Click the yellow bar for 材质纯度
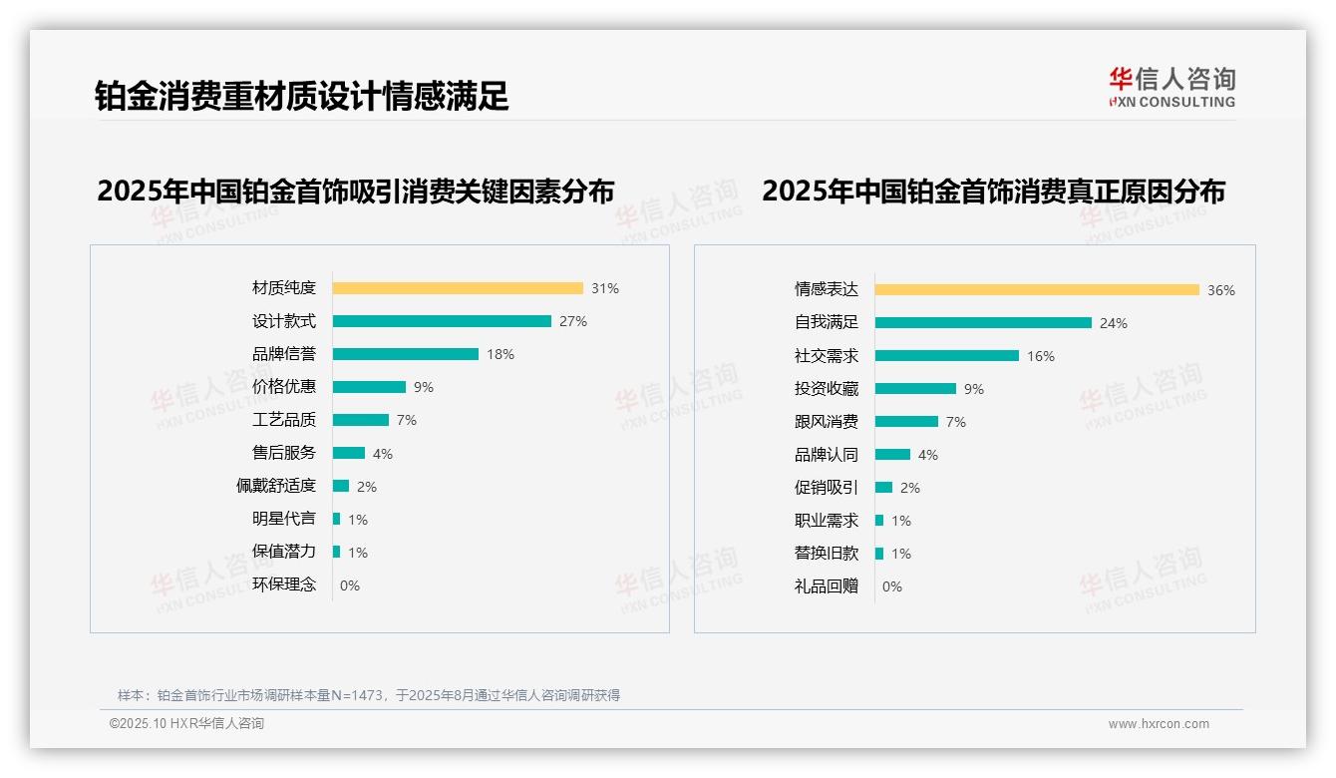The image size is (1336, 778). tap(458, 288)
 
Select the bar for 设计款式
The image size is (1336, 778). tap(442, 321)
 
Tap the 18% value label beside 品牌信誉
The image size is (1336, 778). tap(501, 354)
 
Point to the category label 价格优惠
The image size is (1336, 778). tap(284, 387)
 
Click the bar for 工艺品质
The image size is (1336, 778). tap(361, 420)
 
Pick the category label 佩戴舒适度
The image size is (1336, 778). tap(276, 486)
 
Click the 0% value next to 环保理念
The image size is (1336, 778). tap(350, 585)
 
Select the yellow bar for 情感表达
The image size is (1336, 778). tap(1037, 290)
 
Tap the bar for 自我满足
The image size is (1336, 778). tap(983, 323)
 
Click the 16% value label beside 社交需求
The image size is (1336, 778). tap(1041, 356)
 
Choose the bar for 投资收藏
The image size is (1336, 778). tap(915, 389)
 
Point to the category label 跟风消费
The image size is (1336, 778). tap(827, 422)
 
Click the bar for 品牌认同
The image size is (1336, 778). tap(893, 455)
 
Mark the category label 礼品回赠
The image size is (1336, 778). tap(827, 586)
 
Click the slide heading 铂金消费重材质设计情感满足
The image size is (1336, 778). tap(302, 96)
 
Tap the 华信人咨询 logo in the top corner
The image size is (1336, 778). tap(1171, 87)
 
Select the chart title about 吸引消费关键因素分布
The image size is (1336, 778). tap(356, 191)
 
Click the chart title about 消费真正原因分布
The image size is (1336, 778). tap(993, 191)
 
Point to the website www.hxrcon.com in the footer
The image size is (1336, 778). tap(1159, 724)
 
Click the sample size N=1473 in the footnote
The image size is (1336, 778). tap(356, 695)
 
